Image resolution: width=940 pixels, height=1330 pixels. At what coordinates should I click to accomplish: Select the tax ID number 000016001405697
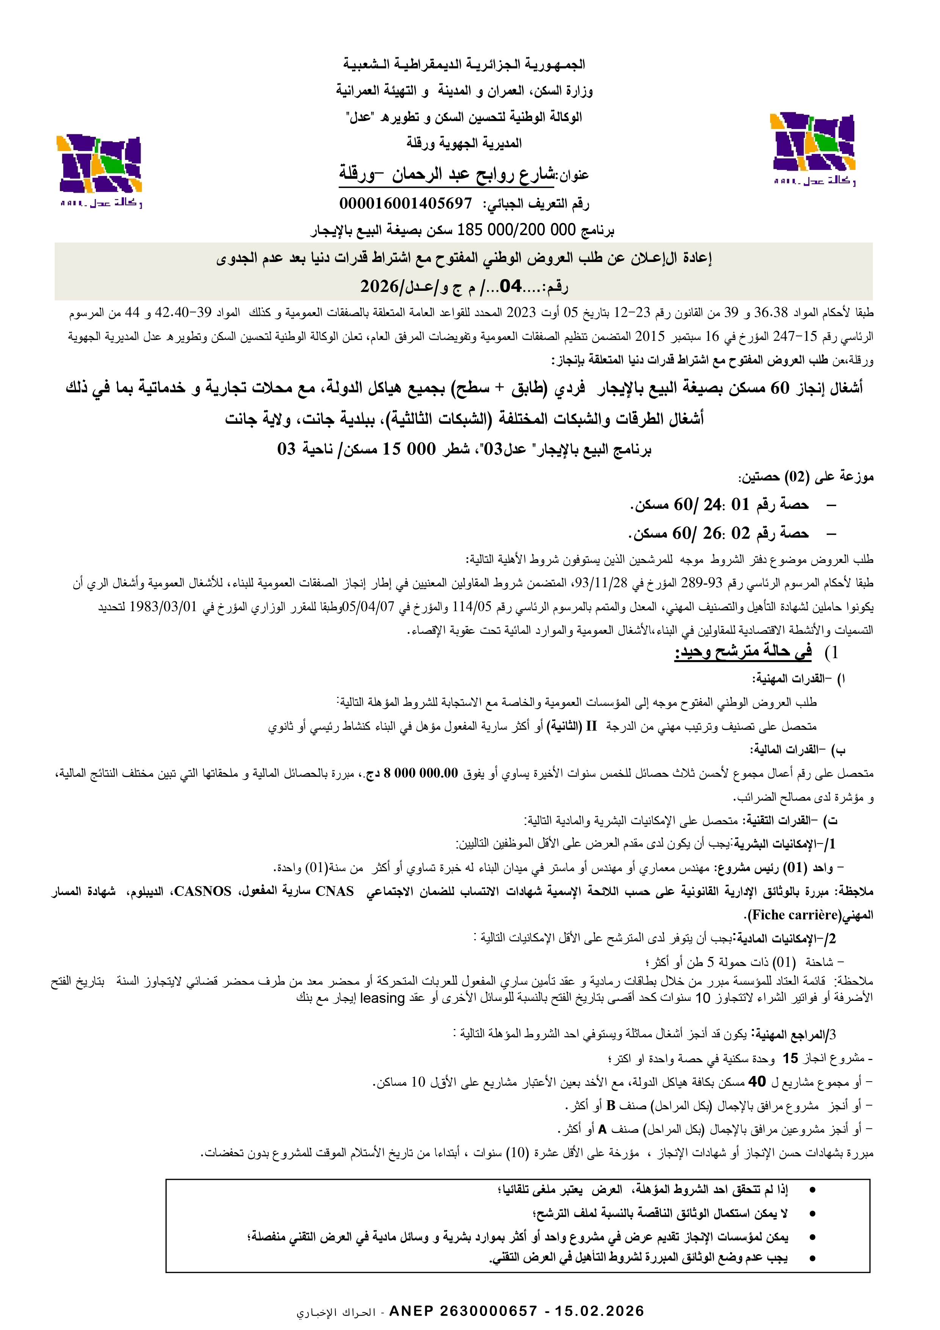406,203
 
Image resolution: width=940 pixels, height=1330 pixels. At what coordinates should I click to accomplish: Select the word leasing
382,997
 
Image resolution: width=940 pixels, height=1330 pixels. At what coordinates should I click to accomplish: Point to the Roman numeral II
591,726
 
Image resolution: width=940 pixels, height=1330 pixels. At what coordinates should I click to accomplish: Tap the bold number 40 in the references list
757,1082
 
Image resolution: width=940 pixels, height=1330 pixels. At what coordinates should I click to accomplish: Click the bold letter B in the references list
611,1106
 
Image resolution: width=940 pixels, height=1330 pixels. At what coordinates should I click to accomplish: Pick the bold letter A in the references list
602,1129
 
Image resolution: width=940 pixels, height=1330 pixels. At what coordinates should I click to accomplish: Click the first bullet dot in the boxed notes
812,1190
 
